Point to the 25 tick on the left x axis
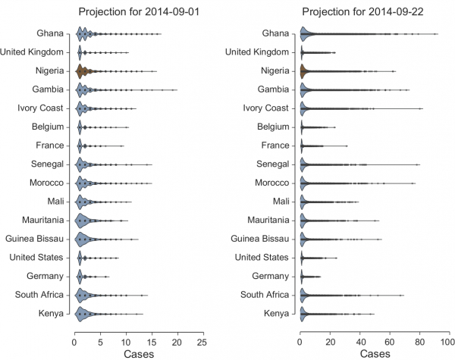[x=202, y=341]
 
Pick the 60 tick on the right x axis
[x=390, y=341]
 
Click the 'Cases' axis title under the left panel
[x=140, y=353]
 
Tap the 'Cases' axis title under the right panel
[x=375, y=353]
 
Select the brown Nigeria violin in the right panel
[x=303, y=71]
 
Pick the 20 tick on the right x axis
[x=331, y=341]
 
